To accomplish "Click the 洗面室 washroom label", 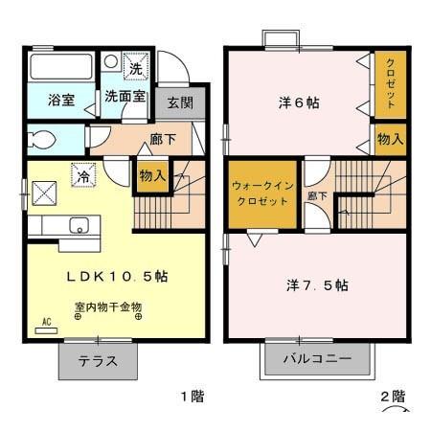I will click(125, 98).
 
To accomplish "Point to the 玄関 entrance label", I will click(179, 102).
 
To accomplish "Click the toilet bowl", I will click(44, 140).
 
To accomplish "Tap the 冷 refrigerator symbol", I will click(84, 176).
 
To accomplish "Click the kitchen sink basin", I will click(78, 227).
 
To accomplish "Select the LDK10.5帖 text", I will click(117, 275).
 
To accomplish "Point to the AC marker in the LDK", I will click(45, 324).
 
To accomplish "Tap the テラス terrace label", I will click(98, 362).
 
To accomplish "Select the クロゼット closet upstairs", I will click(390, 83).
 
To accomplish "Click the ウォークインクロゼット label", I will click(261, 194).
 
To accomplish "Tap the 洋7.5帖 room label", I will click(317, 285).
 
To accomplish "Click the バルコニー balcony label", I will click(317, 360).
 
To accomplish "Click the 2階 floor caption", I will click(391, 396).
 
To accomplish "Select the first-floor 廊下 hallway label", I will click(162, 140).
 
